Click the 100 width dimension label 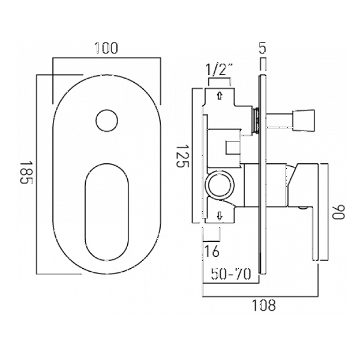tap(106, 48)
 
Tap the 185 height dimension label tap(26, 172)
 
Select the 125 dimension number tap(183, 156)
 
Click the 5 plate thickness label tap(263, 48)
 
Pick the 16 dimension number tap(212, 251)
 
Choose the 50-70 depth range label tap(231, 274)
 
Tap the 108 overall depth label tap(264, 305)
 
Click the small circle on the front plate tap(107, 121)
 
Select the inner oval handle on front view tap(107, 212)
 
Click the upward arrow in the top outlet tap(220, 95)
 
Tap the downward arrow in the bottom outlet tap(220, 216)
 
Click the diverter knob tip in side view tap(303, 121)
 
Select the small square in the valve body tap(233, 147)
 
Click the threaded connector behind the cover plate tap(256, 121)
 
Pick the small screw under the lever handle tap(303, 208)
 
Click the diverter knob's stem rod tap(280, 121)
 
